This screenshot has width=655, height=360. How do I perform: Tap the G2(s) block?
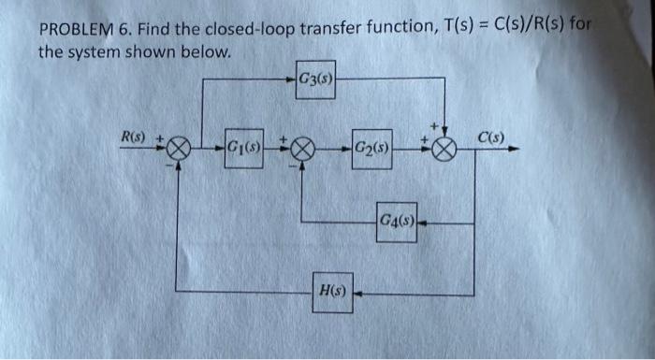pos(372,147)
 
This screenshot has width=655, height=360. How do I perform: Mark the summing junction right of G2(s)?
pos(446,148)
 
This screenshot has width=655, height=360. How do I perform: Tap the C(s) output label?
pos(490,137)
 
